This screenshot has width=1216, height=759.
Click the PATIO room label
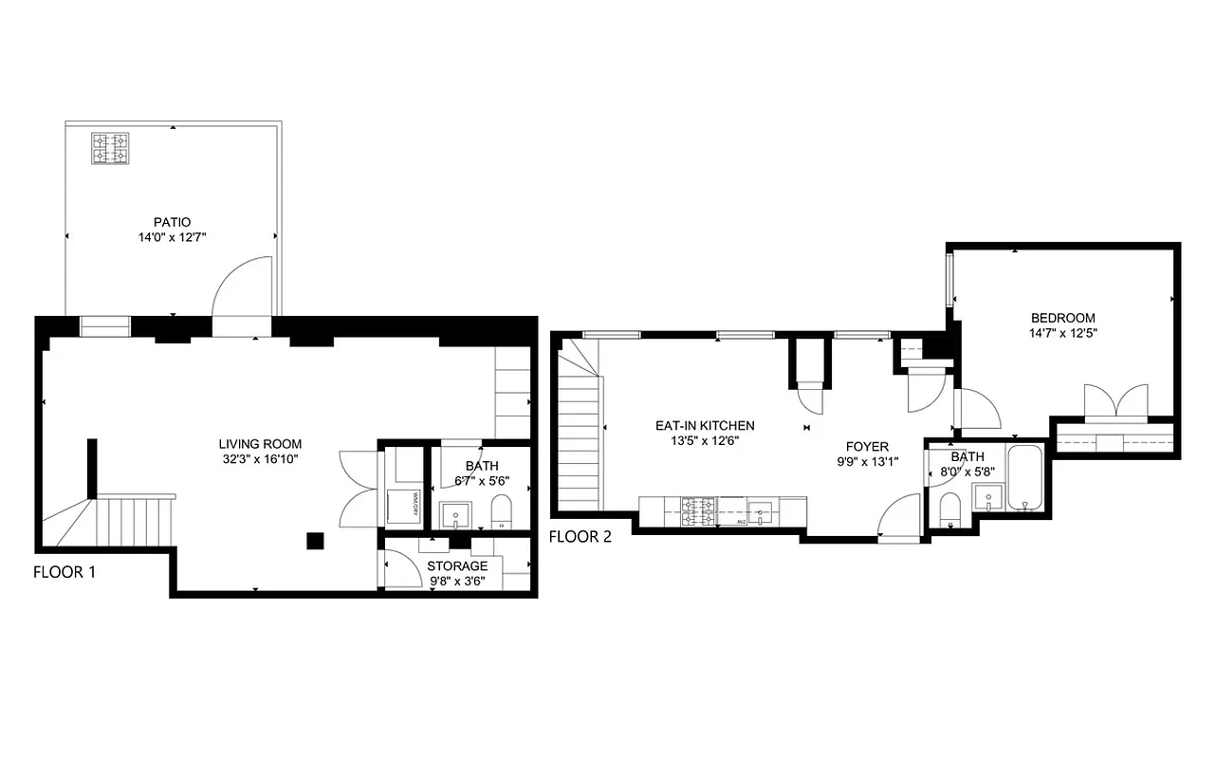[x=173, y=222]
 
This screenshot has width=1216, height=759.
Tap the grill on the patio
[x=110, y=149]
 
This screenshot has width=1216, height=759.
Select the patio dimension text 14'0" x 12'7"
[x=173, y=238]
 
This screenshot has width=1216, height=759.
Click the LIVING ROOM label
[x=260, y=444]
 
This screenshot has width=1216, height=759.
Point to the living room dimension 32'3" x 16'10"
[x=260, y=460]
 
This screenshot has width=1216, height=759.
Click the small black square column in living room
[x=315, y=541]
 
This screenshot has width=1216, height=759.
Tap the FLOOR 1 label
[x=64, y=572]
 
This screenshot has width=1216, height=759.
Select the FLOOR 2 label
[x=580, y=537]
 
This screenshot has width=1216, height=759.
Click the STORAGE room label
[x=457, y=566]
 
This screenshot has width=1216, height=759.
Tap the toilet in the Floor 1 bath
[x=501, y=512]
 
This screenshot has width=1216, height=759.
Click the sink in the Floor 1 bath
[x=456, y=514]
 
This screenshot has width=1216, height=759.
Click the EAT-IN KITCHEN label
[x=705, y=426]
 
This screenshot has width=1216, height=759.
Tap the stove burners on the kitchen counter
[x=700, y=511]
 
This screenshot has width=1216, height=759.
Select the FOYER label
[x=867, y=447]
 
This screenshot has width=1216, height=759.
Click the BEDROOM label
[x=1062, y=318]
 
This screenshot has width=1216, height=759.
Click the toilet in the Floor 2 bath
[x=950, y=510]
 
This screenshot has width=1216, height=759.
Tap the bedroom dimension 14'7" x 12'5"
[x=1062, y=333]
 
